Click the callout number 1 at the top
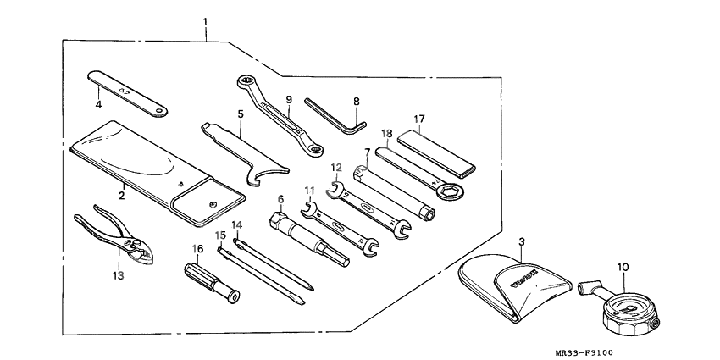pyautogui.click(x=205, y=19)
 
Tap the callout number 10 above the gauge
pyautogui.click(x=623, y=269)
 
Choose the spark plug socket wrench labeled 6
pyautogui.click(x=310, y=239)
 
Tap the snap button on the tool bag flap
pyautogui.click(x=212, y=202)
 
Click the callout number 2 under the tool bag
pyautogui.click(x=121, y=195)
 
